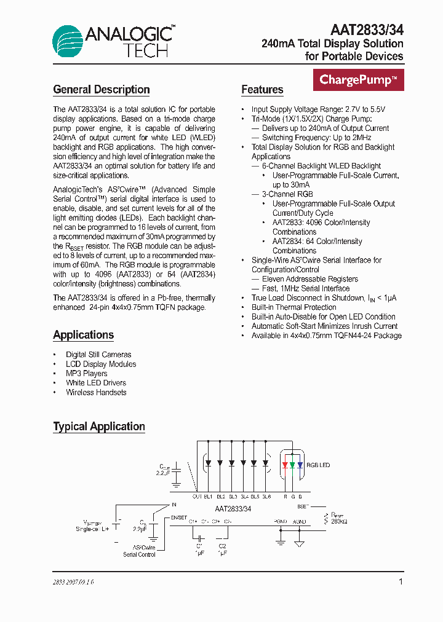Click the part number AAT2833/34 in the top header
(367, 30)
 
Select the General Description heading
(102, 90)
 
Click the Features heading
(262, 90)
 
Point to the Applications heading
(83, 335)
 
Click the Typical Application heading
(99, 427)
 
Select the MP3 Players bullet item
(86, 374)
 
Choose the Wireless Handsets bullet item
(96, 393)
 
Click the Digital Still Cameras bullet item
(98, 355)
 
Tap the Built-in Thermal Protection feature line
(293, 307)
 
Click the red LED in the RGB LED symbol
(285, 464)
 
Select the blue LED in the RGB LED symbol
(300, 464)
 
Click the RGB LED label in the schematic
(318, 465)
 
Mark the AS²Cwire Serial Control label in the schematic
(139, 551)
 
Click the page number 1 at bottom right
(401, 581)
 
